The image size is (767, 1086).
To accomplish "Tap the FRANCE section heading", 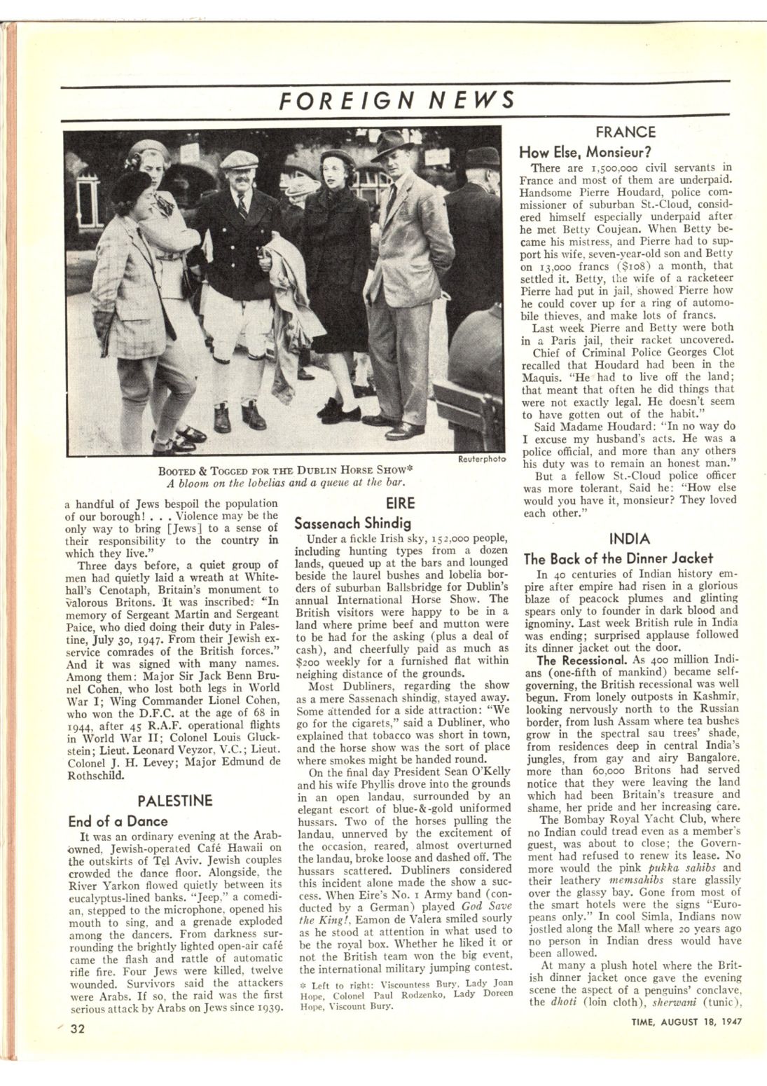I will pos(625,132).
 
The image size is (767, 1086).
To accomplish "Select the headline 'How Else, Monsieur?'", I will pos(585,151).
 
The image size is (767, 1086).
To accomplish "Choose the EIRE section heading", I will pos(400,503).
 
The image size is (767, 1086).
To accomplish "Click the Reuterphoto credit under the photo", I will pos(480,460).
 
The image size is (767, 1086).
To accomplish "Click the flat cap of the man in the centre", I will pos(238,159).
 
